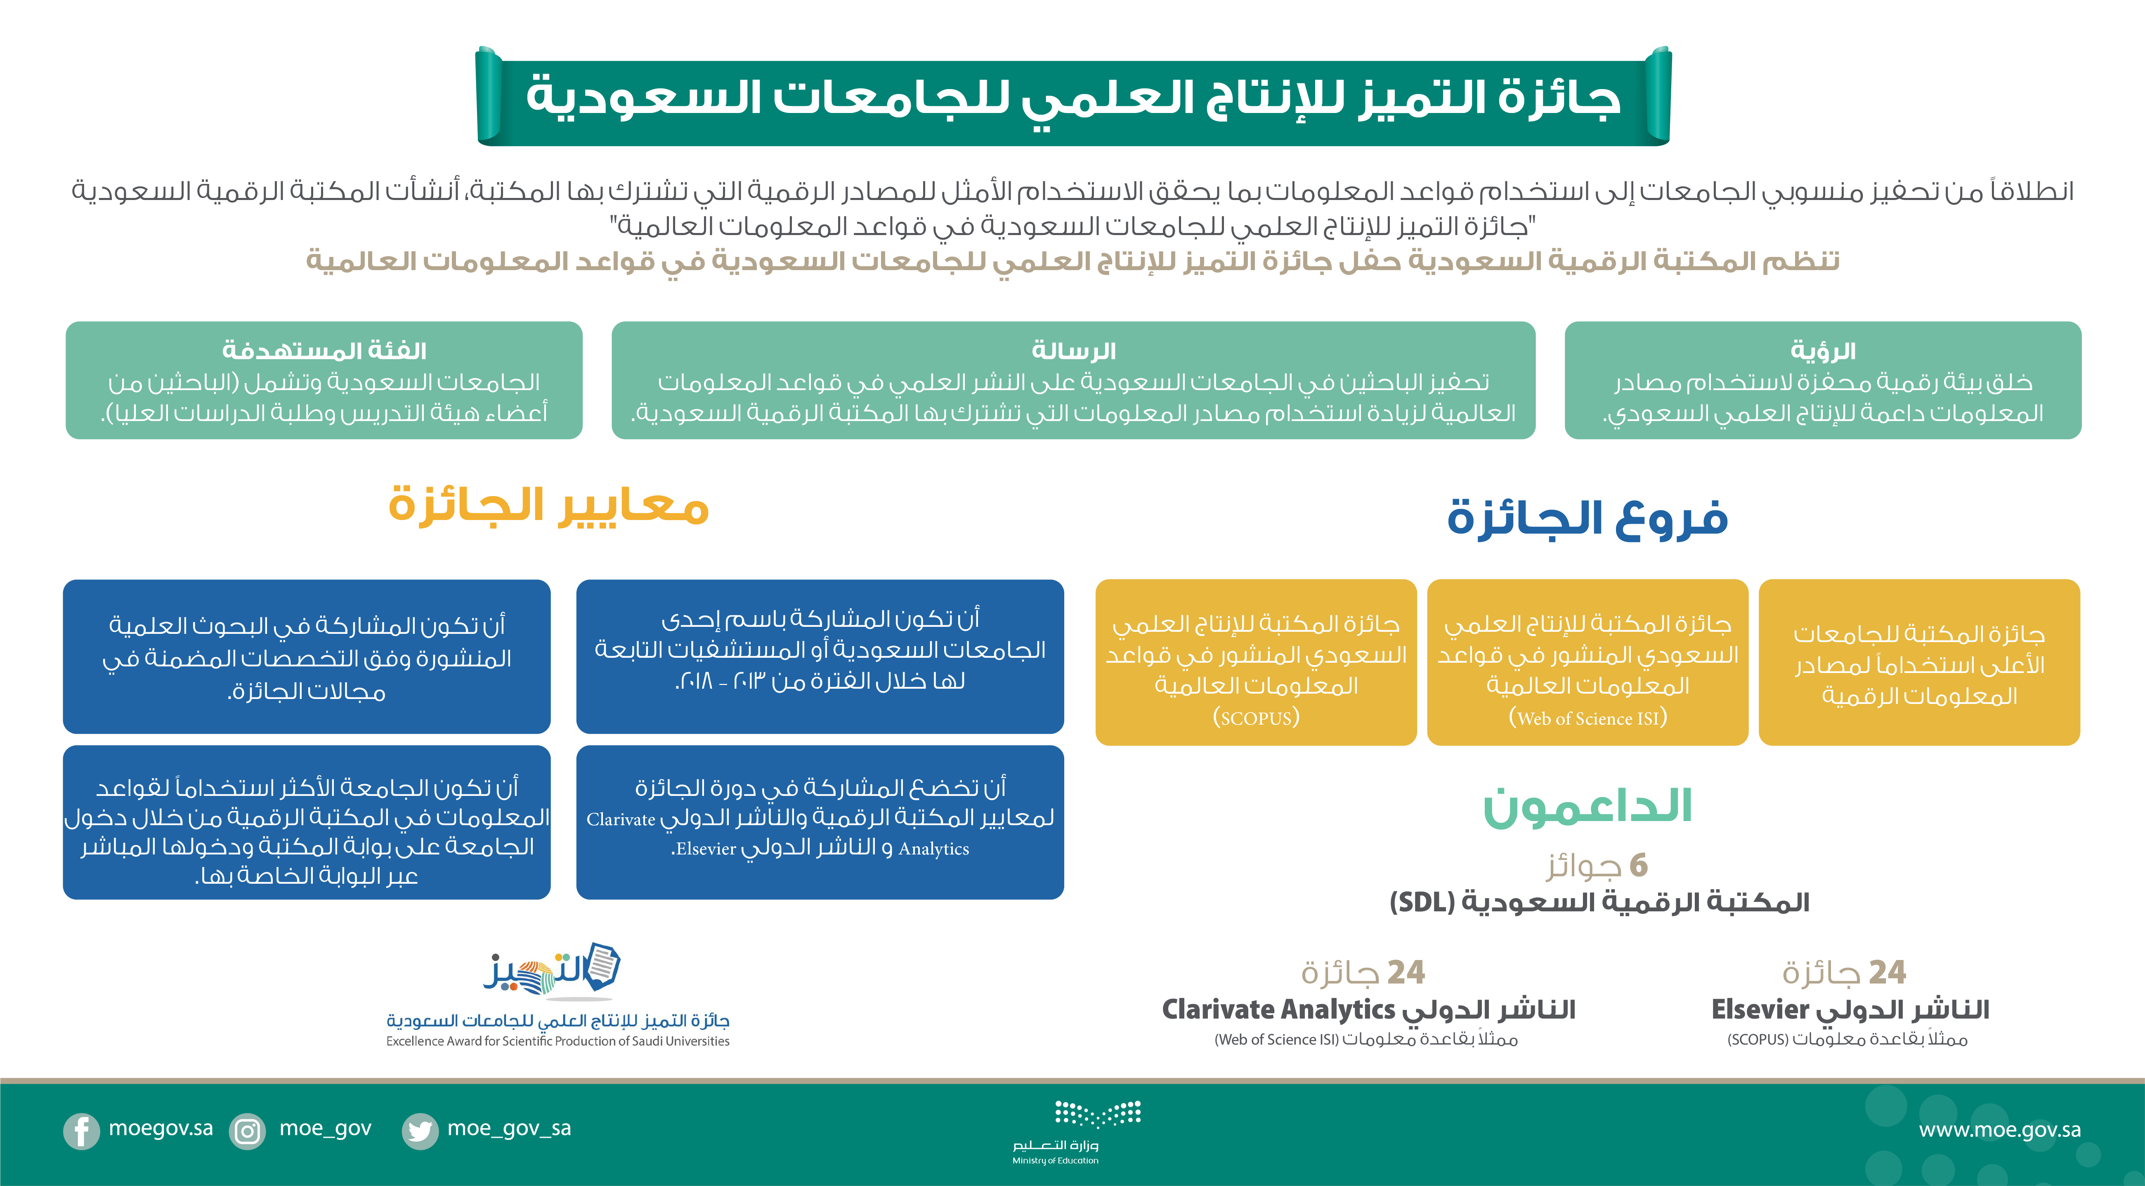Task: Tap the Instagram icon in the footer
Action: click(x=247, y=1131)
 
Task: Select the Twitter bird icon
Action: click(x=420, y=1131)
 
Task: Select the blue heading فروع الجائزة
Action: click(x=1587, y=518)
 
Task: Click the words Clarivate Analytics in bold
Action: click(x=1277, y=1010)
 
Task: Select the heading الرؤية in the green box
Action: click(x=1823, y=351)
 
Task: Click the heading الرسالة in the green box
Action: click(x=1073, y=351)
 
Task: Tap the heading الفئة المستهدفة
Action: click(x=324, y=351)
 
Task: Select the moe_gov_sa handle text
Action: click(x=509, y=1129)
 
